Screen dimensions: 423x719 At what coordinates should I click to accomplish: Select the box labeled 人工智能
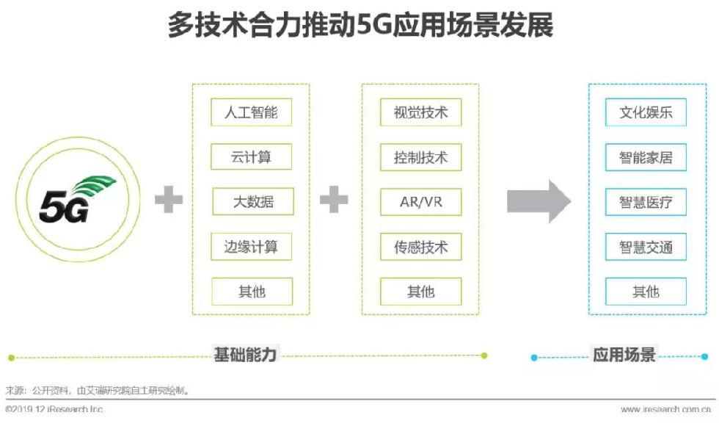click(x=252, y=113)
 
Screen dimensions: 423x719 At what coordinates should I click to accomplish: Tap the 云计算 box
click(x=252, y=157)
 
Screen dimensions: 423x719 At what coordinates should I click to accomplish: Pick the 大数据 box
click(x=253, y=201)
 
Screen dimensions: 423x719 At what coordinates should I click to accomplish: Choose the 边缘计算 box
click(x=252, y=247)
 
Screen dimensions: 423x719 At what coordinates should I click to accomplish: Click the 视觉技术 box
click(x=421, y=113)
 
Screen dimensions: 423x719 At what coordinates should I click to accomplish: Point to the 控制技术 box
click(x=421, y=157)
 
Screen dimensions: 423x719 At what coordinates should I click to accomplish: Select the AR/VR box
click(x=421, y=202)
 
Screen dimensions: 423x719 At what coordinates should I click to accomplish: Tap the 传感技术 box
click(x=421, y=247)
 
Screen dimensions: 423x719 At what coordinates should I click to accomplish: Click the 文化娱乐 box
click(x=646, y=113)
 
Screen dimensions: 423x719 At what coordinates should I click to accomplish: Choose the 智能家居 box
click(x=646, y=157)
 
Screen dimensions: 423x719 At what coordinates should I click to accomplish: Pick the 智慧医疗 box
click(x=646, y=202)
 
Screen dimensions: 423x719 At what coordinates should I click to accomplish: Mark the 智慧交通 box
click(x=646, y=247)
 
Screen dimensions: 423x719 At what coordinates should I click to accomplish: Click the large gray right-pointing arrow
click(x=539, y=200)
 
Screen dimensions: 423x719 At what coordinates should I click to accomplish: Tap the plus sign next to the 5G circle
click(x=169, y=200)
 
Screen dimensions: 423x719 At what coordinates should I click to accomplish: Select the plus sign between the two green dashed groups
click(x=335, y=200)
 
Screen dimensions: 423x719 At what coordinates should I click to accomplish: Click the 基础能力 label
click(x=245, y=355)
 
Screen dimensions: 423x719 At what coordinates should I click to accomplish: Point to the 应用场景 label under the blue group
click(x=624, y=355)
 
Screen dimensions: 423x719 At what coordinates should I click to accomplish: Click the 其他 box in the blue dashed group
click(x=646, y=292)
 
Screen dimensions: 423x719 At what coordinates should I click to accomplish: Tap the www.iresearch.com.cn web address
click(x=665, y=409)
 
